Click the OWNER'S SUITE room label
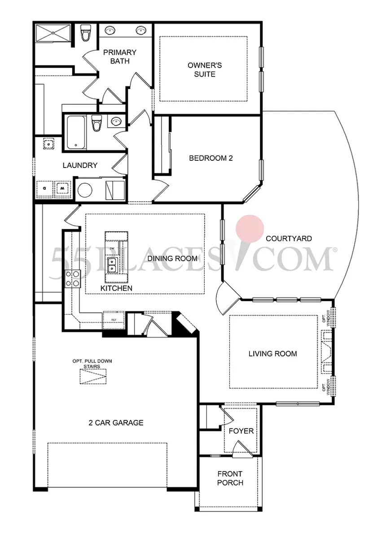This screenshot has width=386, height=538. tap(205, 69)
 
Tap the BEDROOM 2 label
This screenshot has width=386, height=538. tap(211, 158)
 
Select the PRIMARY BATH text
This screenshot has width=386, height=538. tap(119, 56)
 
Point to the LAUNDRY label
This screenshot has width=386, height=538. tap(80, 165)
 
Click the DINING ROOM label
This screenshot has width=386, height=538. tap(172, 258)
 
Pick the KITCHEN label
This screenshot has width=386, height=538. tap(116, 288)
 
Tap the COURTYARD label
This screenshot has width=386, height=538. tap(289, 238)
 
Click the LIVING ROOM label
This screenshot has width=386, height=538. tap(272, 353)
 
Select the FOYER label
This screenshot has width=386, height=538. tap(241, 431)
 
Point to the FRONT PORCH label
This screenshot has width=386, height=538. tap(230, 478)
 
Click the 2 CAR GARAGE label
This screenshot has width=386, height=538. tap(115, 422)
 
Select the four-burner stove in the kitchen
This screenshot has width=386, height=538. tap(73, 278)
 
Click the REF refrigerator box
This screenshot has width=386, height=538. tap(114, 319)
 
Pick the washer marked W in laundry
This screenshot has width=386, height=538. tap(62, 188)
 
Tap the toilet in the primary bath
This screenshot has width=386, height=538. tap(86, 34)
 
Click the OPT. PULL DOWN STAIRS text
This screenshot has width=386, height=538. tap(92, 363)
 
